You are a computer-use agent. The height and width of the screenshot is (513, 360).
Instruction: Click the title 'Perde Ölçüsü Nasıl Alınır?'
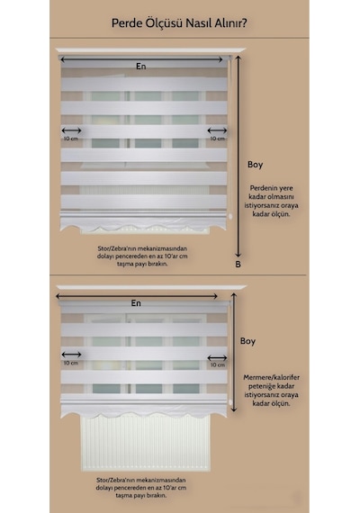pyautogui.click(x=179, y=23)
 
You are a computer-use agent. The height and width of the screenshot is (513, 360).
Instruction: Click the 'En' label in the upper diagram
pyautogui.click(x=141, y=66)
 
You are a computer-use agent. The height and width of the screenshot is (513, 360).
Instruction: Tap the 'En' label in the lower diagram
pyautogui.click(x=136, y=303)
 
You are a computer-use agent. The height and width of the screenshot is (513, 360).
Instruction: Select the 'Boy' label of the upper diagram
pyautogui.click(x=256, y=165)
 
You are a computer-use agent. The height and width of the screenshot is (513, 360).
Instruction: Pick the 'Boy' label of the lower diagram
pyautogui.click(x=247, y=341)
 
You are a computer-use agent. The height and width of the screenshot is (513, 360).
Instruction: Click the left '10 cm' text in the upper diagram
pyautogui.click(x=71, y=139)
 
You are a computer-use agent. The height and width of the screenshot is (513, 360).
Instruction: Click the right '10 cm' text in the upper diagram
pyautogui.click(x=218, y=139)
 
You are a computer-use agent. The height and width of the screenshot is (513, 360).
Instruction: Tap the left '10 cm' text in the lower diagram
pyautogui.click(x=71, y=363)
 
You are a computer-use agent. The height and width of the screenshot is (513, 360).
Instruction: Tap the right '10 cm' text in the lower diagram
pyautogui.click(x=218, y=364)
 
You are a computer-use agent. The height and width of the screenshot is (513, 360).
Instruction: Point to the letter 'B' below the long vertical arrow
pyautogui.click(x=238, y=264)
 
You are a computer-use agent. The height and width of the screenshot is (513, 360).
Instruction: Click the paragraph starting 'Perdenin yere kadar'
pyautogui.click(x=271, y=201)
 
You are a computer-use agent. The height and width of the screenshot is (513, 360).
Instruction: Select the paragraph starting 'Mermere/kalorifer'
pyautogui.click(x=271, y=391)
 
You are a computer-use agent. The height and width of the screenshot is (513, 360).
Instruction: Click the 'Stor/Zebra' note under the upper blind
pyautogui.click(x=142, y=256)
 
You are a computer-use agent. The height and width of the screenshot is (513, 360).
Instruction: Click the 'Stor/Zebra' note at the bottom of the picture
pyautogui.click(x=141, y=488)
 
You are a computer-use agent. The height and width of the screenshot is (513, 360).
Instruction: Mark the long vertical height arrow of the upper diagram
pyautogui.click(x=238, y=157)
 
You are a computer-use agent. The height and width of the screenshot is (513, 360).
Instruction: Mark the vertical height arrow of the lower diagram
pyautogui.click(x=233, y=352)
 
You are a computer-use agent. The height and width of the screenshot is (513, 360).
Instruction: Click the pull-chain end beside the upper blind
pyautogui.click(x=230, y=216)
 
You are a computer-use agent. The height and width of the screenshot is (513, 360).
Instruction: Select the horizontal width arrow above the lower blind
pyautogui.click(x=137, y=296)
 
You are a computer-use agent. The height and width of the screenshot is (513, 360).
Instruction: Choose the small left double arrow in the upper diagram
pyautogui.click(x=71, y=130)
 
